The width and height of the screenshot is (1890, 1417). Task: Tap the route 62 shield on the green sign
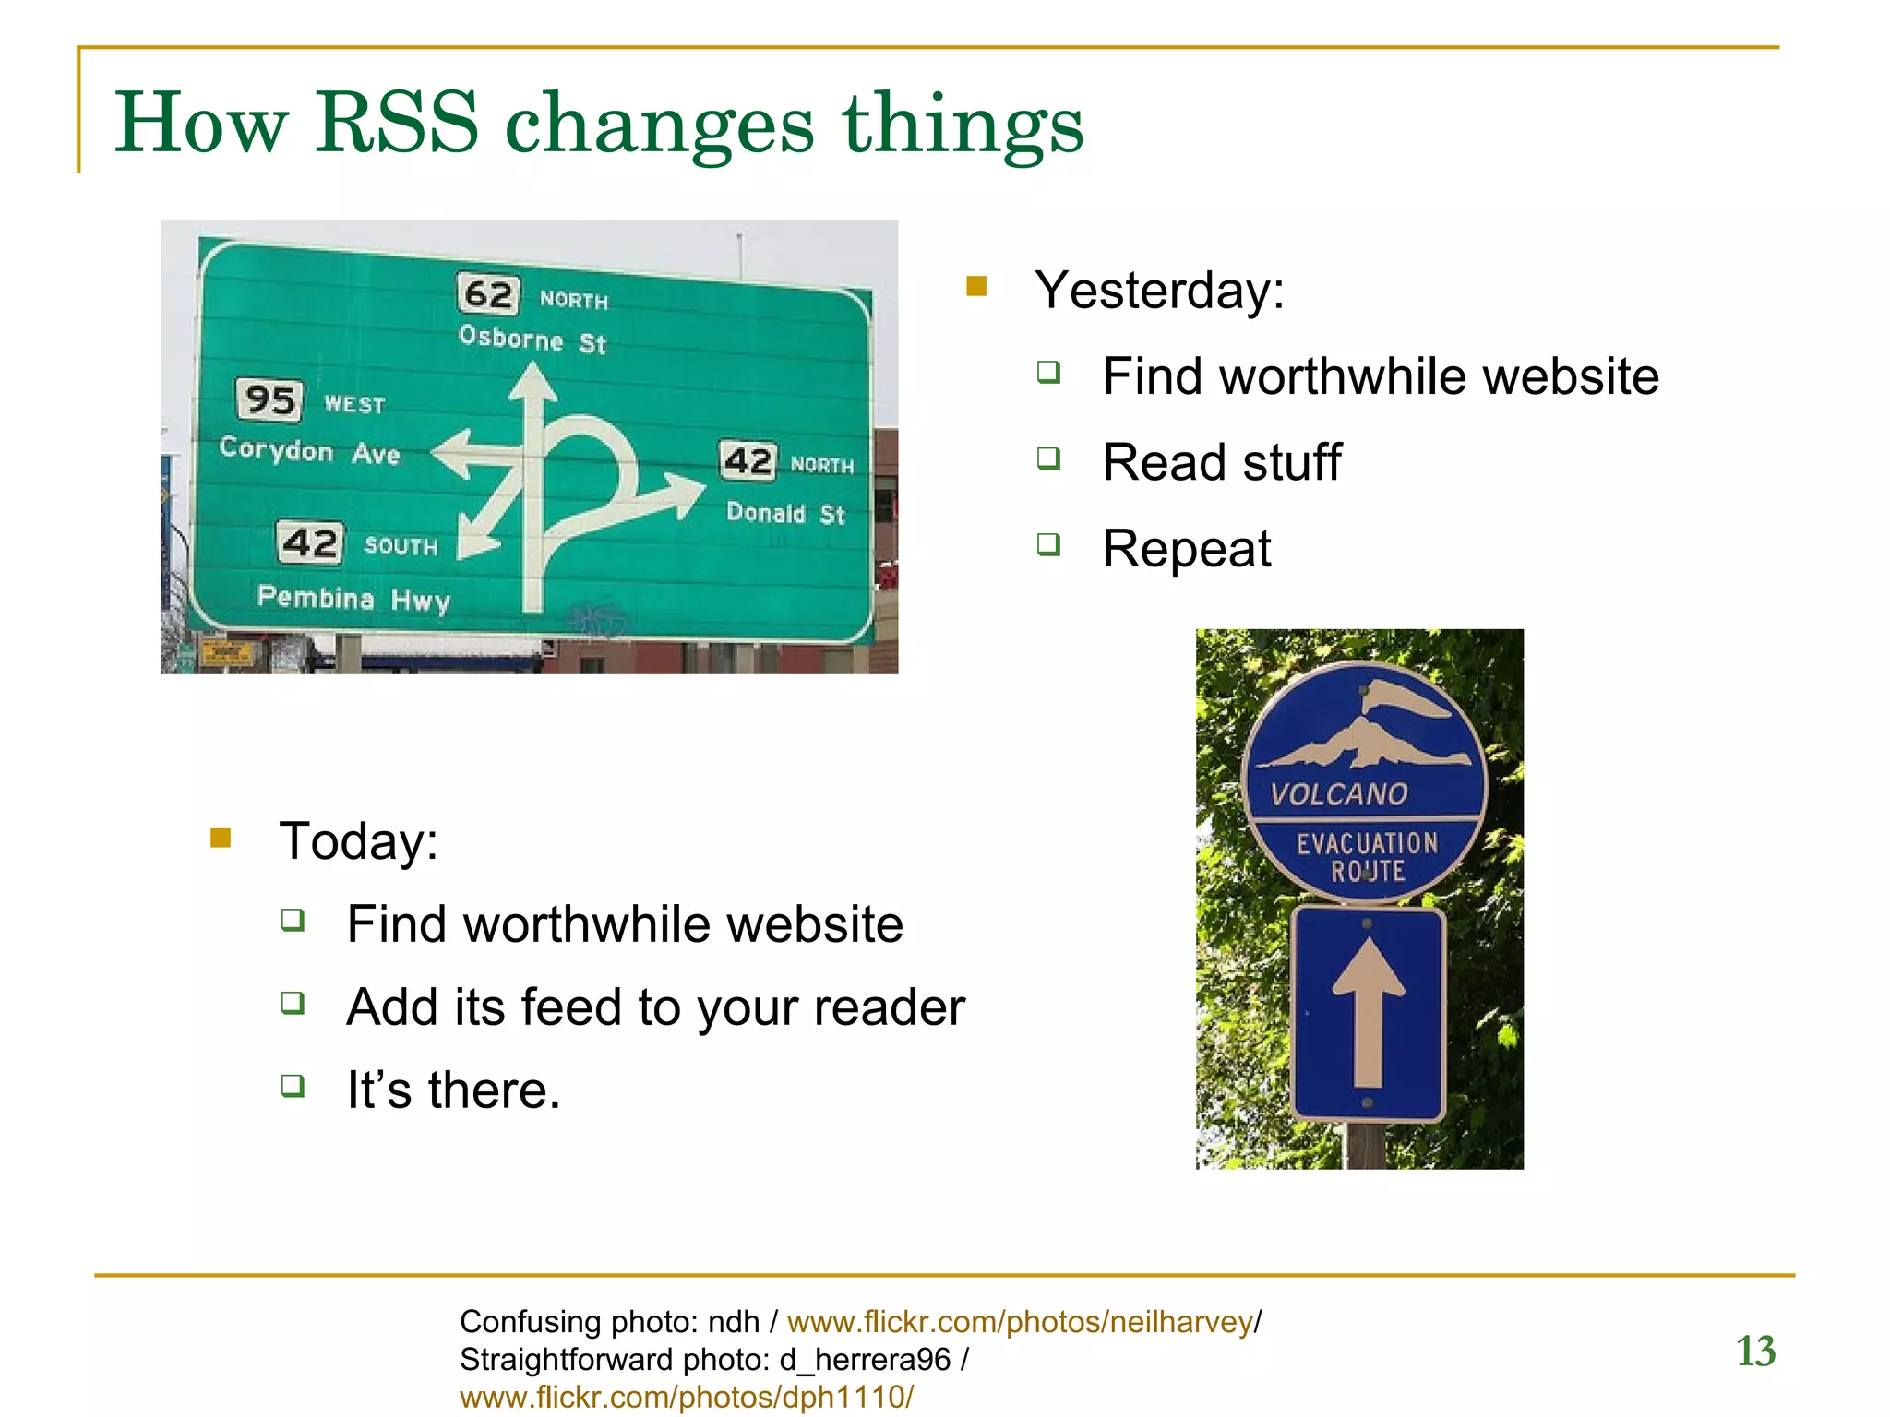pyautogui.click(x=488, y=294)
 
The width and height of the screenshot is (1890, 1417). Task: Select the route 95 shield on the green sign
pyautogui.click(x=269, y=399)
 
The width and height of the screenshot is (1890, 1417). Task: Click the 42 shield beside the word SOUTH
pyautogui.click(x=310, y=542)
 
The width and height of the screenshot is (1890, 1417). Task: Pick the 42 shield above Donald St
pyautogui.click(x=748, y=460)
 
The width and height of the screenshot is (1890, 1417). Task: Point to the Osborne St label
pyautogui.click(x=532, y=339)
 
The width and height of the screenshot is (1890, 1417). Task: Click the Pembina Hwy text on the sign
pyautogui.click(x=353, y=599)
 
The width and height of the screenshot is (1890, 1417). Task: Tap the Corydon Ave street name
pyautogui.click(x=309, y=450)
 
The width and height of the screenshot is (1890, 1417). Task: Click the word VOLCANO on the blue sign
pyautogui.click(x=1339, y=794)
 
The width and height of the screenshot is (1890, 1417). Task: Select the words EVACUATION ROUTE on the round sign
pyautogui.click(x=1367, y=856)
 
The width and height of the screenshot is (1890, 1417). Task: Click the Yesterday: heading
pyautogui.click(x=1159, y=291)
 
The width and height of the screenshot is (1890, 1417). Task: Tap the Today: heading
pyautogui.click(x=359, y=841)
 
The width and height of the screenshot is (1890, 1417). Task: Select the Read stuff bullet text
pyautogui.click(x=1222, y=462)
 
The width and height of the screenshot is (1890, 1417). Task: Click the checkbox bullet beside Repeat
pyautogui.click(x=1048, y=544)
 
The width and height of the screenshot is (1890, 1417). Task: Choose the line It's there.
pyautogui.click(x=453, y=1090)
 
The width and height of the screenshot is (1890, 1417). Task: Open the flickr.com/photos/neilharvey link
pyautogui.click(x=1020, y=1322)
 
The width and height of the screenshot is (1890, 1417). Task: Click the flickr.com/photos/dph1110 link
pyautogui.click(x=686, y=1397)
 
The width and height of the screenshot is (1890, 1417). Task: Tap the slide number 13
pyautogui.click(x=1755, y=1352)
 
